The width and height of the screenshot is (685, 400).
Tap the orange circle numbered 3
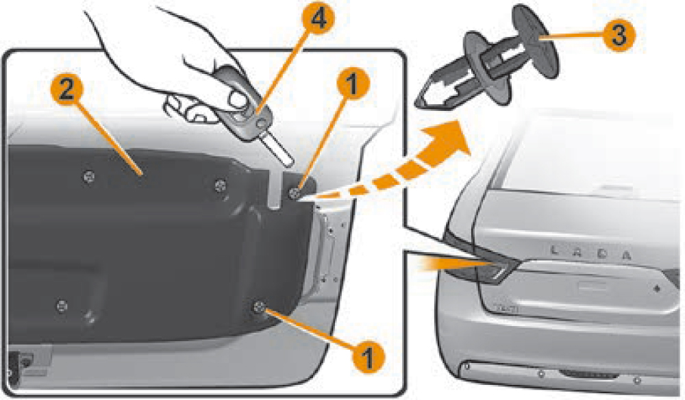point(618,34)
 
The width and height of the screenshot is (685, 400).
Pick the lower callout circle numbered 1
point(367,355)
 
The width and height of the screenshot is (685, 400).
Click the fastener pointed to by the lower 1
point(260,306)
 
